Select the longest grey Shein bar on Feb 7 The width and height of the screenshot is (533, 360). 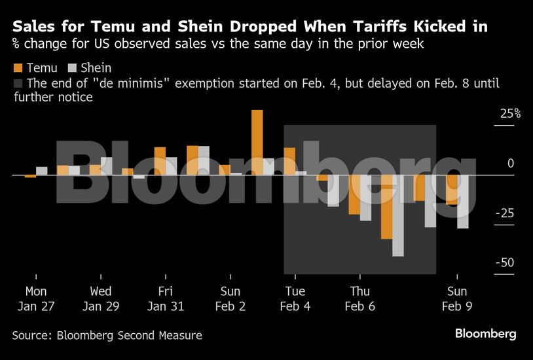[397, 215]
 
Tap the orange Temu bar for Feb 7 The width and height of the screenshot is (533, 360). [386, 207]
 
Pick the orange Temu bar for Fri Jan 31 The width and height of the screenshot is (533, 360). [160, 161]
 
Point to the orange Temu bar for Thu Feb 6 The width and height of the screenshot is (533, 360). [354, 194]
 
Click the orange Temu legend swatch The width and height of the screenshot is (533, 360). [18, 68]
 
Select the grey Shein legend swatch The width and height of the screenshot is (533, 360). [73, 68]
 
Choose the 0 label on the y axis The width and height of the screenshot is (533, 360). [511, 164]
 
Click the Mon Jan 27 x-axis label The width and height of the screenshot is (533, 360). [36, 298]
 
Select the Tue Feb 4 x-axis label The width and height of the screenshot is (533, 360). [295, 298]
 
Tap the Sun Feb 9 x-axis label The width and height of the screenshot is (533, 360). [457, 298]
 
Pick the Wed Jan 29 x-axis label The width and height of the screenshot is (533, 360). [101, 298]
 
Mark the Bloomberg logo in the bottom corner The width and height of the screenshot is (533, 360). [486, 334]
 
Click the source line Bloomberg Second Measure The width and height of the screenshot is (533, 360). [107, 336]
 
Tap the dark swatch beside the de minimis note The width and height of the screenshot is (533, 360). [18, 84]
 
